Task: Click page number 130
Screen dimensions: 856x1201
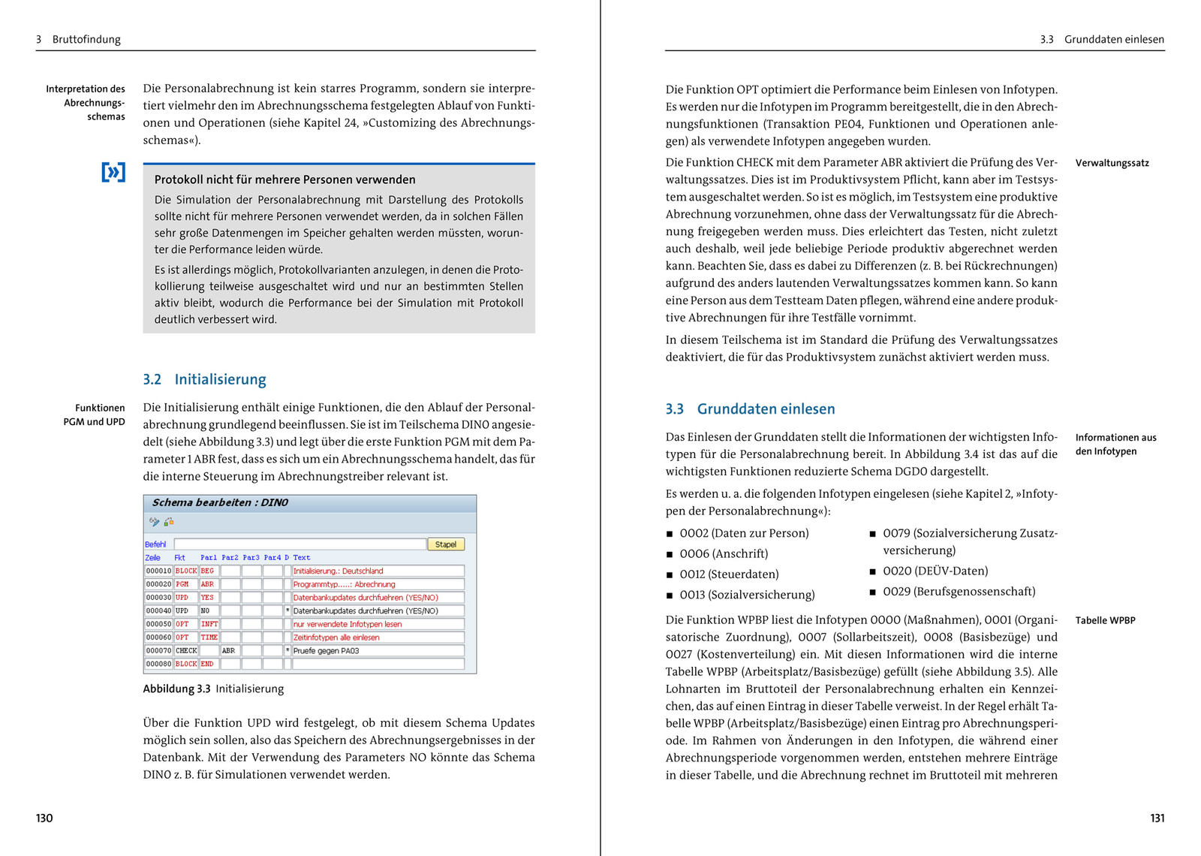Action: click(x=44, y=818)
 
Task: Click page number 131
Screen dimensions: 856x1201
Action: click(x=1157, y=818)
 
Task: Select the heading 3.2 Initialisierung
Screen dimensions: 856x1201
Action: click(x=204, y=379)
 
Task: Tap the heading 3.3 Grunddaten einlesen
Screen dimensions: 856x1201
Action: click(x=750, y=409)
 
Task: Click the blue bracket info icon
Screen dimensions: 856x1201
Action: click(x=113, y=173)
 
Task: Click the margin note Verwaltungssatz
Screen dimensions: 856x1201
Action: click(x=1112, y=163)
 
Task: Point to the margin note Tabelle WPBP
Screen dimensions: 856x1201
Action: click(x=1105, y=620)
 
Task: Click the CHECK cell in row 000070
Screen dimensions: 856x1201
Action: click(x=186, y=651)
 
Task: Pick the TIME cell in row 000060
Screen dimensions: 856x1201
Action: click(x=209, y=637)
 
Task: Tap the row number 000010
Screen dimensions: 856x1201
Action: click(x=158, y=571)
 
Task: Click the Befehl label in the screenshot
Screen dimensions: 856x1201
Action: click(x=155, y=544)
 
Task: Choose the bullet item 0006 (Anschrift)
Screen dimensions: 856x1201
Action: click(x=724, y=553)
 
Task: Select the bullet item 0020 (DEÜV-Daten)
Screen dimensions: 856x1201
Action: click(x=935, y=571)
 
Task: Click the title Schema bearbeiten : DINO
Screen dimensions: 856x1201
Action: click(x=220, y=503)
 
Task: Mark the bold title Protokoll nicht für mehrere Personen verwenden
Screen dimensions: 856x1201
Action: click(x=284, y=179)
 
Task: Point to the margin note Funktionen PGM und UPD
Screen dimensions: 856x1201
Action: click(x=95, y=414)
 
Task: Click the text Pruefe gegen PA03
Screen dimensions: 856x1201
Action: click(x=326, y=651)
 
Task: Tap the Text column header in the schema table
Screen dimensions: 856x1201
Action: click(x=302, y=558)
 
